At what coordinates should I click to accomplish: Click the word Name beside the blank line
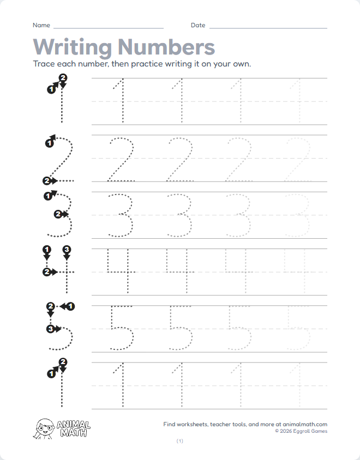point(41,25)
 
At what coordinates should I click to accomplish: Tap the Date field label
point(198,25)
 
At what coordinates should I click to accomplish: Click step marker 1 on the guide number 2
point(49,143)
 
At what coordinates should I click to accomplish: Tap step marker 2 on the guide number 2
point(47,180)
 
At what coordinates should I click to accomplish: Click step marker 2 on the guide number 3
point(58,214)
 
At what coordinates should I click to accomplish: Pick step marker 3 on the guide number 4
point(67,250)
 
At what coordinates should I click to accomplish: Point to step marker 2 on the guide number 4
point(47,271)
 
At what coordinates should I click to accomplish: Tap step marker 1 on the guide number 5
point(71,306)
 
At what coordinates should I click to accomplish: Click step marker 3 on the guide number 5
point(50,329)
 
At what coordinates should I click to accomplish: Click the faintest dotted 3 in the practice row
point(298,215)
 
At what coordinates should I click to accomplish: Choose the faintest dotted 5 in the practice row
point(298,328)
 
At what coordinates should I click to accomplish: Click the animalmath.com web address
point(305,424)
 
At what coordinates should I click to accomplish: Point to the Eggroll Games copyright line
point(301,431)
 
